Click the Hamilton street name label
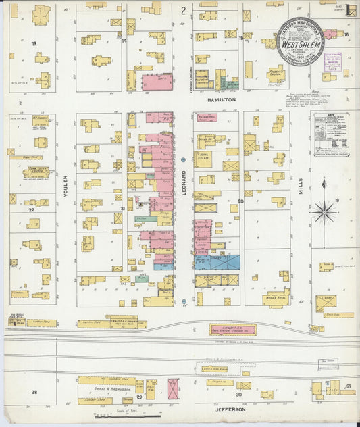pyautogui.click(x=217, y=99)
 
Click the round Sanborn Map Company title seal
pyautogui.click(x=299, y=41)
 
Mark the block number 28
pyautogui.click(x=34, y=392)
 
